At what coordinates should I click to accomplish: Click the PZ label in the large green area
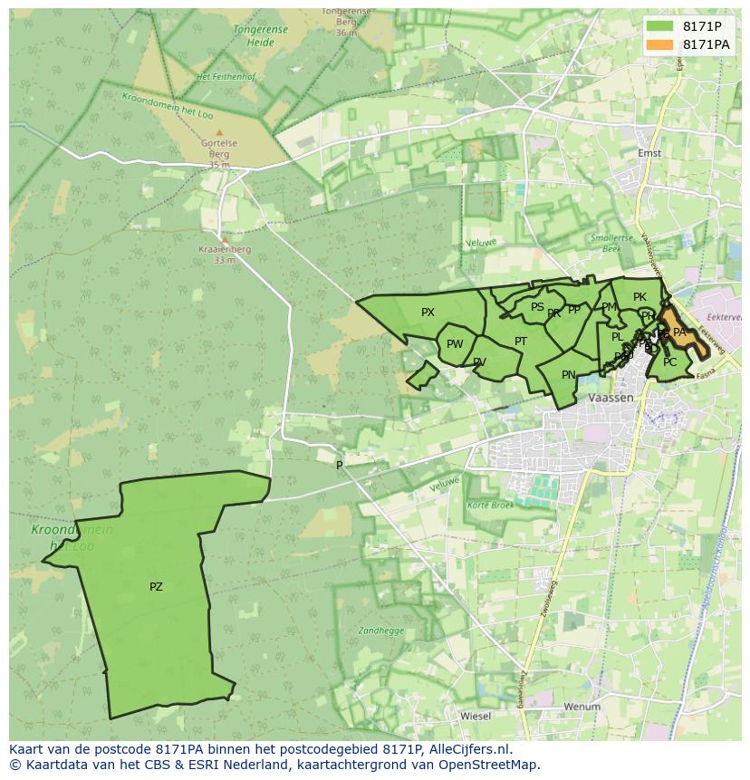point(156,587)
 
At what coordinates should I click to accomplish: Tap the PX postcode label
point(428,313)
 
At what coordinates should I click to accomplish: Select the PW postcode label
point(455,344)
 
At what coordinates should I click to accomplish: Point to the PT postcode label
point(521,342)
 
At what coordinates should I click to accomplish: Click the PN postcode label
point(569,375)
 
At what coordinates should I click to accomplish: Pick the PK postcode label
point(639,297)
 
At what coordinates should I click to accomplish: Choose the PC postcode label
point(669,362)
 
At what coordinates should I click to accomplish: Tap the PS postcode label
point(537,307)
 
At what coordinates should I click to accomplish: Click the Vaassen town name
point(611,398)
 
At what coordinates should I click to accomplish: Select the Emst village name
point(649,153)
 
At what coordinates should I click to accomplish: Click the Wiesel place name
point(476,716)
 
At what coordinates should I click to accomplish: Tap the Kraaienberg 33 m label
point(225,255)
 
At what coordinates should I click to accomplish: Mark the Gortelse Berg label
point(219,149)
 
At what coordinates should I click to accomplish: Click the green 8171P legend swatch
point(660,26)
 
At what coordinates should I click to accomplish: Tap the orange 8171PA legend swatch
point(660,44)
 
